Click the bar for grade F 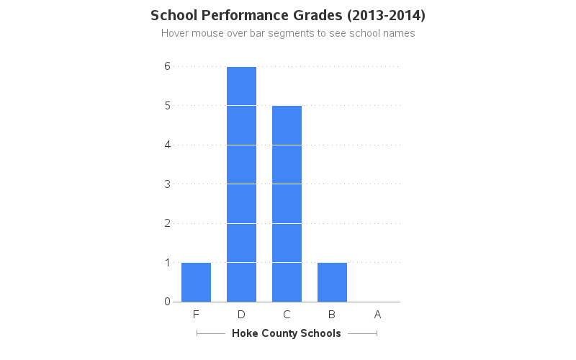(196, 282)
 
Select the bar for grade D (241, 184)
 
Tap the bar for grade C (287, 204)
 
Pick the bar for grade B (332, 282)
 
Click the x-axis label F (196, 315)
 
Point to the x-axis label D (241, 315)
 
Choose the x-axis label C (287, 315)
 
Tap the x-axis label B (332, 315)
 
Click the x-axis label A (377, 315)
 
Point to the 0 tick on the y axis (167, 302)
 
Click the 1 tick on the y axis (167, 263)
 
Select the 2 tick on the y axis (167, 223)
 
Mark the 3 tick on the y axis (167, 184)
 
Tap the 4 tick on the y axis (167, 145)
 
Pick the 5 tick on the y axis (167, 106)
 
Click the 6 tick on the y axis (167, 66)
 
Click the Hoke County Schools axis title (287, 333)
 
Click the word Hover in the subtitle (176, 33)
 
